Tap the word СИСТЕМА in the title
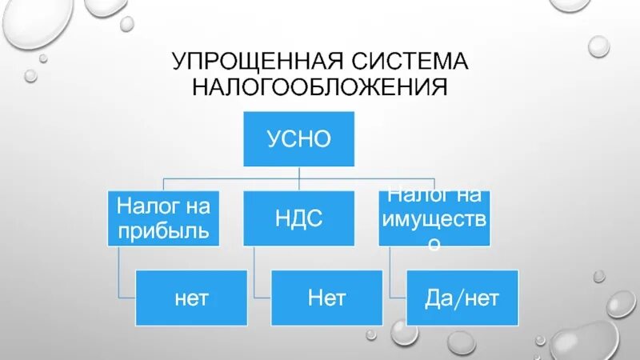[x=413, y=62]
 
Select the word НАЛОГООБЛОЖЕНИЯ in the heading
[x=318, y=86]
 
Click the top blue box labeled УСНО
[x=298, y=139]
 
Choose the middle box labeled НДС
[x=298, y=218]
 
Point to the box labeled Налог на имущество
[x=434, y=218]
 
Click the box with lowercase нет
[x=192, y=298]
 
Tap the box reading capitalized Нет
[x=326, y=298]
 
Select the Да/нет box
[x=462, y=298]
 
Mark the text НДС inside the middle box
[x=298, y=218]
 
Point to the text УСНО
[x=298, y=139]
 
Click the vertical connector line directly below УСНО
[x=298, y=173]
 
